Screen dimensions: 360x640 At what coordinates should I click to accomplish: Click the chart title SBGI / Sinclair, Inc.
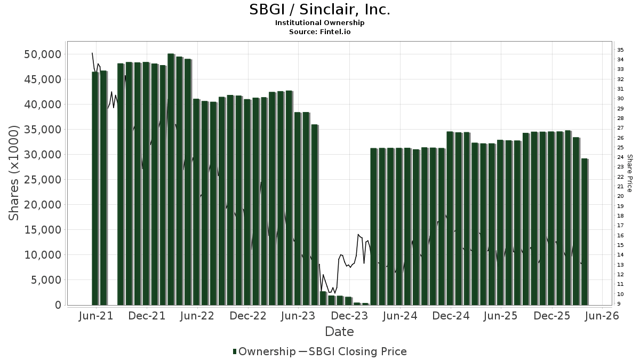[319, 10]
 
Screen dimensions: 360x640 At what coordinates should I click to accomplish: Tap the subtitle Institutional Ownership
[319, 23]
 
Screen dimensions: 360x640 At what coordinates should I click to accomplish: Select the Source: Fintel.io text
[319, 32]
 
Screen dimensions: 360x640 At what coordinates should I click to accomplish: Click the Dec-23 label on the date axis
[349, 316]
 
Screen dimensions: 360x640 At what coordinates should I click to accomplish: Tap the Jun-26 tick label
[602, 316]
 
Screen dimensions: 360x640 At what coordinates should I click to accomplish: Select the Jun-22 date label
[197, 316]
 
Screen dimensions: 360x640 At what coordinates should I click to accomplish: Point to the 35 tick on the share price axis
[621, 50]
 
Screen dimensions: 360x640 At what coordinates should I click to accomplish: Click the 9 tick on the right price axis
[619, 304]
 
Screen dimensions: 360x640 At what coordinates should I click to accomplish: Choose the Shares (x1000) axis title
[14, 173]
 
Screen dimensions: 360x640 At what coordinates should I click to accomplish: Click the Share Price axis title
[630, 173]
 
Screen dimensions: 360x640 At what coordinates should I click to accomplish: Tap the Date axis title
[340, 332]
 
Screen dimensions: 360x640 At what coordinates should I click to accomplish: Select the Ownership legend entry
[264, 351]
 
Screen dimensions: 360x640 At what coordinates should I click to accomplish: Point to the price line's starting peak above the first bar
[92, 53]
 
